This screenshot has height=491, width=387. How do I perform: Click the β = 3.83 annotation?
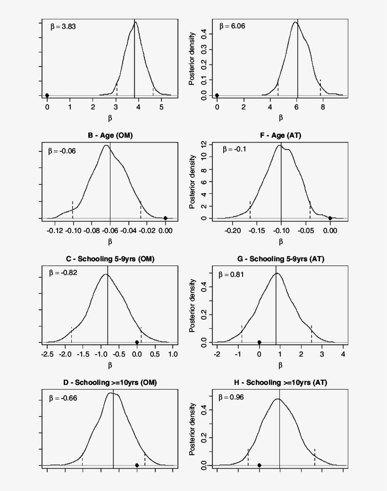coord(63,27)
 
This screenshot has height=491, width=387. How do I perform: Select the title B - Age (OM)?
coord(110,136)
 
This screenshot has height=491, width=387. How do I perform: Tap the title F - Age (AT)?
coord(280,136)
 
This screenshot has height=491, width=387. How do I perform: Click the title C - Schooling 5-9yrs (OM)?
coord(110,259)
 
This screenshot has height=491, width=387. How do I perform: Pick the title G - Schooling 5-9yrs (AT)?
coord(280,259)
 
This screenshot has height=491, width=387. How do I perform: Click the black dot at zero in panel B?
coord(165,218)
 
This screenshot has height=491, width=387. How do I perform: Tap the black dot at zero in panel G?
coord(259,342)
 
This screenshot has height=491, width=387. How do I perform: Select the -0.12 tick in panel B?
coord(55,231)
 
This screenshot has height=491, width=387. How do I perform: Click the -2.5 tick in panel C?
coord(47,354)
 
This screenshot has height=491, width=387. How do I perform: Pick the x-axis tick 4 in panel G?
coord(343,354)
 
